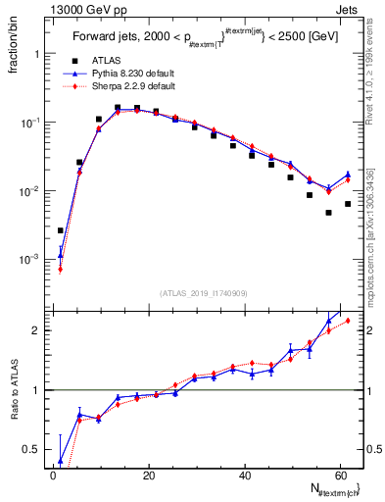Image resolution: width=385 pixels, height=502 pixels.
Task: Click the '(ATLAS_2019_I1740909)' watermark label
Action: click(203, 293)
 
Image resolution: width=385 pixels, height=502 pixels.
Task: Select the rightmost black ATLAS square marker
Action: click(348, 204)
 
